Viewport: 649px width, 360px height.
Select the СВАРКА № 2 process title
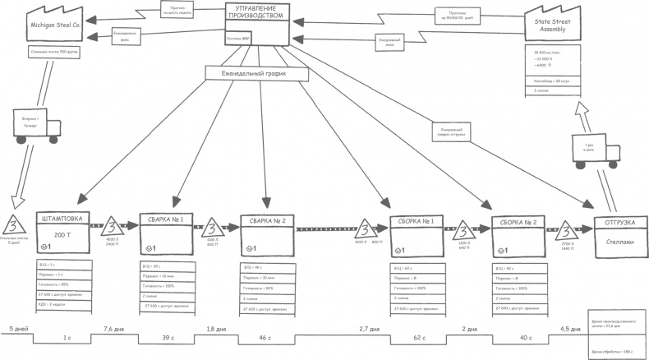(267, 222)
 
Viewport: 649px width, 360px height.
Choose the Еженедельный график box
(257, 73)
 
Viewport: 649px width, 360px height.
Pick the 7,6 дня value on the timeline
(113, 329)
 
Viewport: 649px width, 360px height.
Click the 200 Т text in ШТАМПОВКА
(64, 234)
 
